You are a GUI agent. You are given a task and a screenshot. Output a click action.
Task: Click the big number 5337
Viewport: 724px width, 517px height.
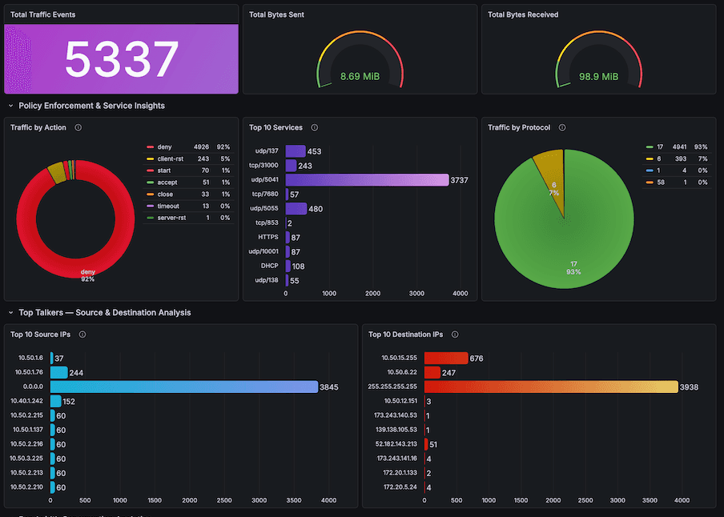coord(121,59)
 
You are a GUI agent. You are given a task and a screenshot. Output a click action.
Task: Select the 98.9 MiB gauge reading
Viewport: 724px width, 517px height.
coord(598,77)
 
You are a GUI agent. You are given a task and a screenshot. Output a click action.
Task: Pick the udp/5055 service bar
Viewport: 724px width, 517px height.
coord(296,209)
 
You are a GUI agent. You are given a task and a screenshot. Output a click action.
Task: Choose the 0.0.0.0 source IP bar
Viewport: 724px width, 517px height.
coord(184,387)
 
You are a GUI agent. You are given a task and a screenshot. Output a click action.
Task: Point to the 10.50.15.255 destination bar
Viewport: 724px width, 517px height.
coord(446,358)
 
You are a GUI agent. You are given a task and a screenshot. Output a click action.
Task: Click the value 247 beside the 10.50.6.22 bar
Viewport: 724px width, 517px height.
coord(448,372)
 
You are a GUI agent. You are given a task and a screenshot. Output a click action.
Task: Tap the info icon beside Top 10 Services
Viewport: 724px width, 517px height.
coord(315,127)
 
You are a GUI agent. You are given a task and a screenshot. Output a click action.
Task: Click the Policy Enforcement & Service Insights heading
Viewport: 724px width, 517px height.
coord(91,106)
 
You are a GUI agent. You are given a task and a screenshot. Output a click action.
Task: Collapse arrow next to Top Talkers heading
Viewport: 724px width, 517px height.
coord(10,313)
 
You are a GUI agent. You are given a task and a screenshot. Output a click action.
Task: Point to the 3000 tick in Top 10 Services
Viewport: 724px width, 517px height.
coord(416,294)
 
